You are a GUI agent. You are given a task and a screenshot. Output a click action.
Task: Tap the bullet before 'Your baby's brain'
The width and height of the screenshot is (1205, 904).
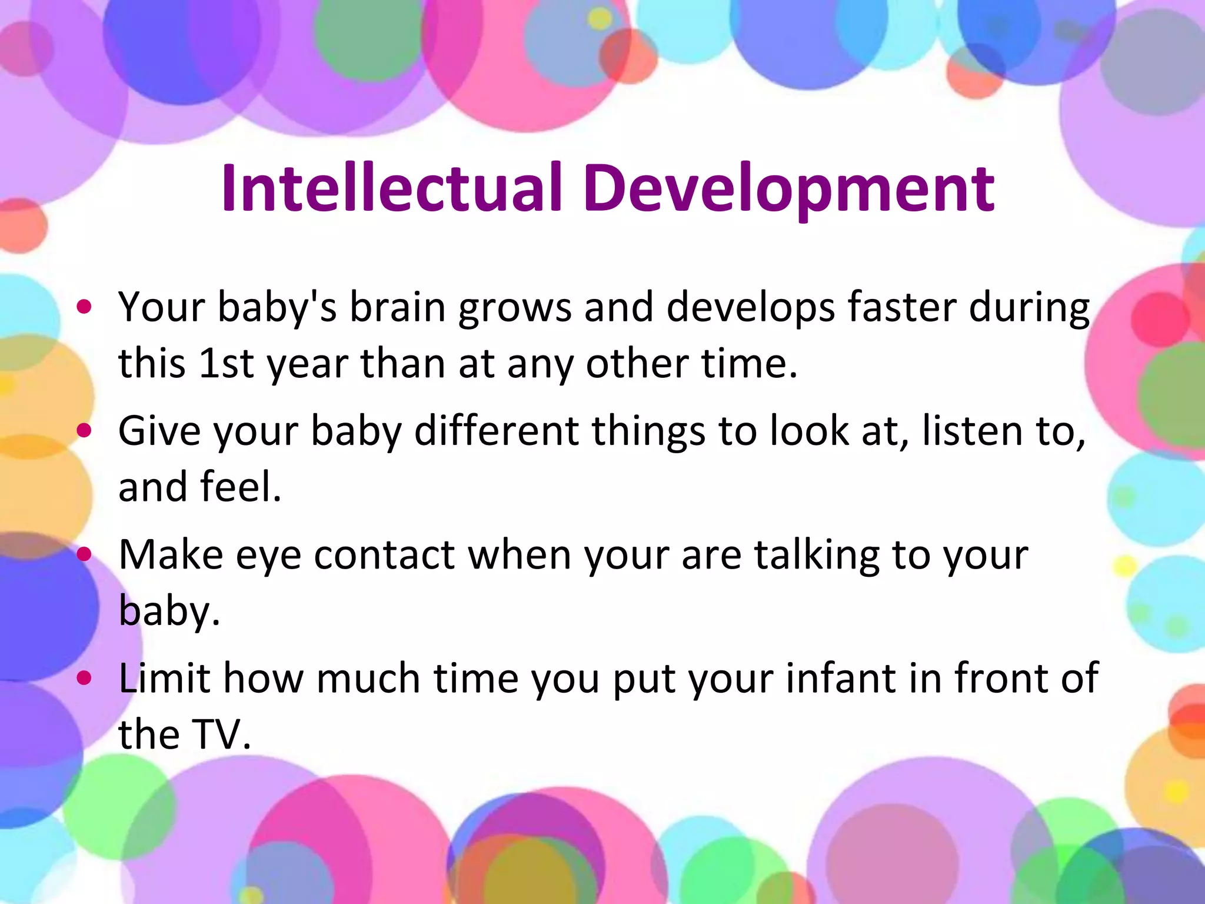84,307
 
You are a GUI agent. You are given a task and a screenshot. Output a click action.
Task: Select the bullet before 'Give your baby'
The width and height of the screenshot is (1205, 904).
84,430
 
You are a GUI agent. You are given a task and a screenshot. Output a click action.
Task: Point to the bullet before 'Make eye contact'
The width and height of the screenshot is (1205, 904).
84,554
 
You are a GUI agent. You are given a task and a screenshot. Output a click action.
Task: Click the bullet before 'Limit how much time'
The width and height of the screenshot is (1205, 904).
84,678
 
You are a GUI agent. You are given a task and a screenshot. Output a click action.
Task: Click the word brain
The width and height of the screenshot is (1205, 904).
397,307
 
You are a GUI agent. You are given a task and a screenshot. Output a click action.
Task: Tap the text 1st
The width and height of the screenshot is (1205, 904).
226,363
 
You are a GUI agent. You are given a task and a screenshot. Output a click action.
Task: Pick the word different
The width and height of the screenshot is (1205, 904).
496,430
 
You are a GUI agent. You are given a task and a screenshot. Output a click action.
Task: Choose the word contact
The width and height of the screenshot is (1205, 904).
384,555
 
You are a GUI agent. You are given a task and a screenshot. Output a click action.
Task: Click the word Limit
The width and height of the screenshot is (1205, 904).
164,678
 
